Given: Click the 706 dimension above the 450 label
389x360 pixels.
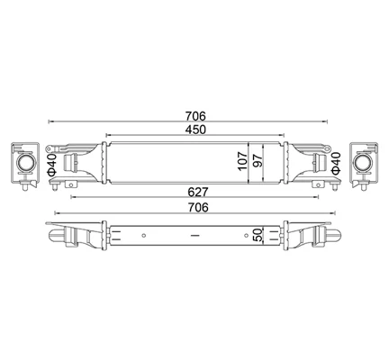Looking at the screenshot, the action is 195,116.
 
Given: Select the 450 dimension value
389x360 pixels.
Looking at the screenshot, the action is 195,130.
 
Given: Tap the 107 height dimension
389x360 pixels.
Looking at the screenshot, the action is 243,161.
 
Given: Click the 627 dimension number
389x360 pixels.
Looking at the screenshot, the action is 198,192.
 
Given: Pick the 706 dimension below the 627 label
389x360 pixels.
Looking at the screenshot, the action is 198,208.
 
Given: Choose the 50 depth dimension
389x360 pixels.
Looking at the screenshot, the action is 258,235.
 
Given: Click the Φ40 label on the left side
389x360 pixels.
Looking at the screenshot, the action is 51,165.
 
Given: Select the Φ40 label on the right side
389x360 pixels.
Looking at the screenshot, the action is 336,163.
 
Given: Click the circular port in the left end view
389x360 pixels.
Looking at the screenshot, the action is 25,162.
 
